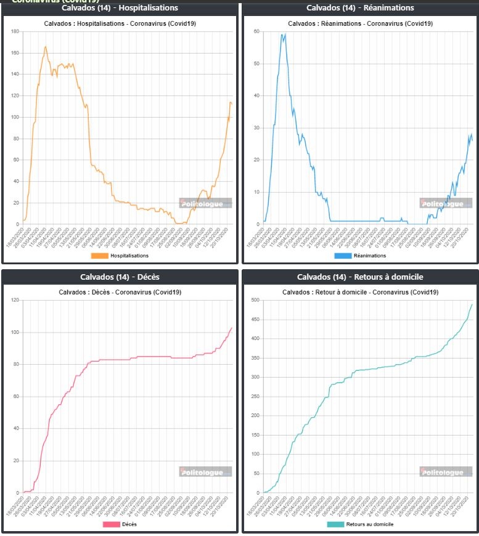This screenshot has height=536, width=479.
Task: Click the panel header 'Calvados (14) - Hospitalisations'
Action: click(120, 8)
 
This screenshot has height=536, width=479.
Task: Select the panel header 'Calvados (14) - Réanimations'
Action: click(360, 8)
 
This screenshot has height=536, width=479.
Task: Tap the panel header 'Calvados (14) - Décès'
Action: click(120, 277)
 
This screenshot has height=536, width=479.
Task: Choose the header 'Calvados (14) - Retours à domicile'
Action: click(360, 277)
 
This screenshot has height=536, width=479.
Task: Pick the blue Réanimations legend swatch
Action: click(342, 256)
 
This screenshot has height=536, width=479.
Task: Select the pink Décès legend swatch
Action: click(111, 524)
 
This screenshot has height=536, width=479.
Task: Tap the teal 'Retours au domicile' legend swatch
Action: click(335, 524)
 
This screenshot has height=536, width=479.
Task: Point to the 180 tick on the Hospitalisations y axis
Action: click(15, 31)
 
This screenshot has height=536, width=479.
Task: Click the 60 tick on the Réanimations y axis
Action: click(257, 31)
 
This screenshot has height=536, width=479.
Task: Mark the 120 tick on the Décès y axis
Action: click(15, 301)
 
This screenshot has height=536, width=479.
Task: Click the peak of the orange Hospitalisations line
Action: click(46, 46)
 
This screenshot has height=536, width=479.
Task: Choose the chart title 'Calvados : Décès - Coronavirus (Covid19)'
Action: click(120, 291)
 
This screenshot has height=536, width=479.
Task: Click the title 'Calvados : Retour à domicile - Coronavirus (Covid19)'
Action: click(360, 291)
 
